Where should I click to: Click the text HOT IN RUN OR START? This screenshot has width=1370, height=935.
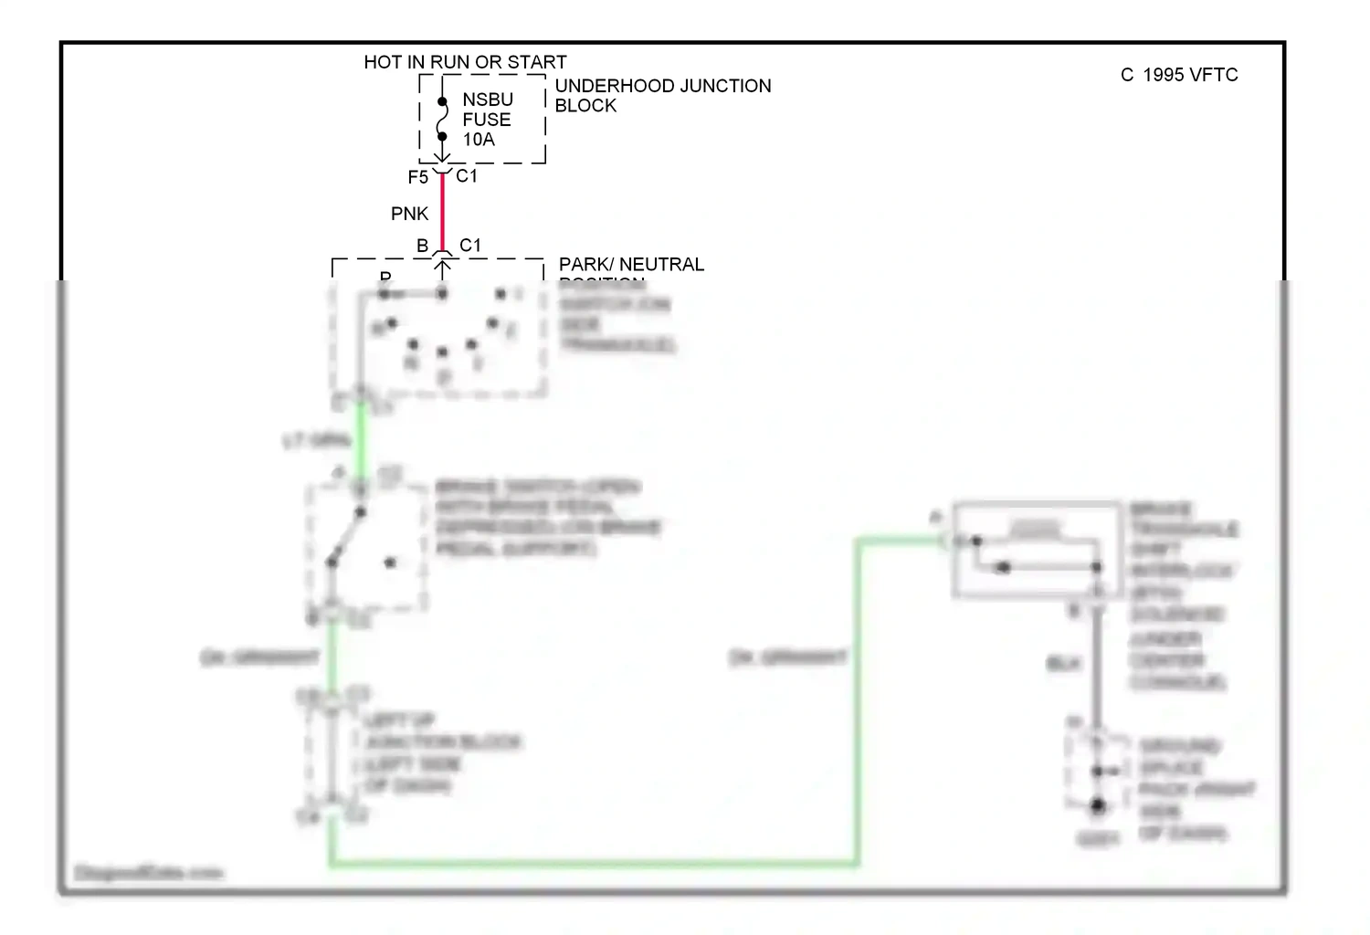[465, 62]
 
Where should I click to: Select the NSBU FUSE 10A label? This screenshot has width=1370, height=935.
[487, 120]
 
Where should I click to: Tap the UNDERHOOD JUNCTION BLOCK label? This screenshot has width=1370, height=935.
[662, 95]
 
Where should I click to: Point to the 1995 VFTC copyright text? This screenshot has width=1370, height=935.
[1179, 75]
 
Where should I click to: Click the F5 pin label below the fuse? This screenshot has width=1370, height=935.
[417, 177]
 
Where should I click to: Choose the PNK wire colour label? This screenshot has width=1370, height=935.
[409, 214]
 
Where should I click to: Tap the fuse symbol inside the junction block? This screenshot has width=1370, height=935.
[442, 120]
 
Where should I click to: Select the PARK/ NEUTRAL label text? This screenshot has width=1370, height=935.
[631, 264]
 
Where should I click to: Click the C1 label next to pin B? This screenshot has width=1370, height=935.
[470, 246]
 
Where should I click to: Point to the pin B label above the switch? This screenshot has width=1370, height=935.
[422, 246]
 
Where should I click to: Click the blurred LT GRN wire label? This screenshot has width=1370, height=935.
[316, 441]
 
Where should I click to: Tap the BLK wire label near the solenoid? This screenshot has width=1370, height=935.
[1063, 664]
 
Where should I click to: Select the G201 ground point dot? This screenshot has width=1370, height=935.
[1097, 806]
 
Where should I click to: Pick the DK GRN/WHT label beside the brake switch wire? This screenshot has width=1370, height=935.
[260, 657]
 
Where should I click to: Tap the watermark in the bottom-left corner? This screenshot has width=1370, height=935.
[148, 873]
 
